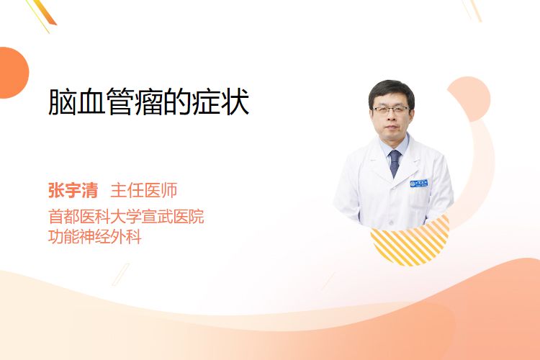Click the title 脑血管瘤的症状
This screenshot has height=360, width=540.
149,102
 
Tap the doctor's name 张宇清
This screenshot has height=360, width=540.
73,191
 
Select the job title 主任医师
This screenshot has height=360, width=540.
143,191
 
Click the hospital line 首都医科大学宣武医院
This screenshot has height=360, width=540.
126,216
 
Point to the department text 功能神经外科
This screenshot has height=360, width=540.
95,237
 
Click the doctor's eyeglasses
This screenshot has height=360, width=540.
391,110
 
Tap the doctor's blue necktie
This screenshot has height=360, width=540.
395,163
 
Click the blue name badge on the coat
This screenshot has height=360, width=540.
418,184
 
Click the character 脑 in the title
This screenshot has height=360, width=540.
62,102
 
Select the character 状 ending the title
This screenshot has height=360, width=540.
235,102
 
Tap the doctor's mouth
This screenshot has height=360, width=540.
391,128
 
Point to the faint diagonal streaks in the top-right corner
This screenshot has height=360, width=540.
472,10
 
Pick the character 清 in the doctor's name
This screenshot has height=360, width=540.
89,191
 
